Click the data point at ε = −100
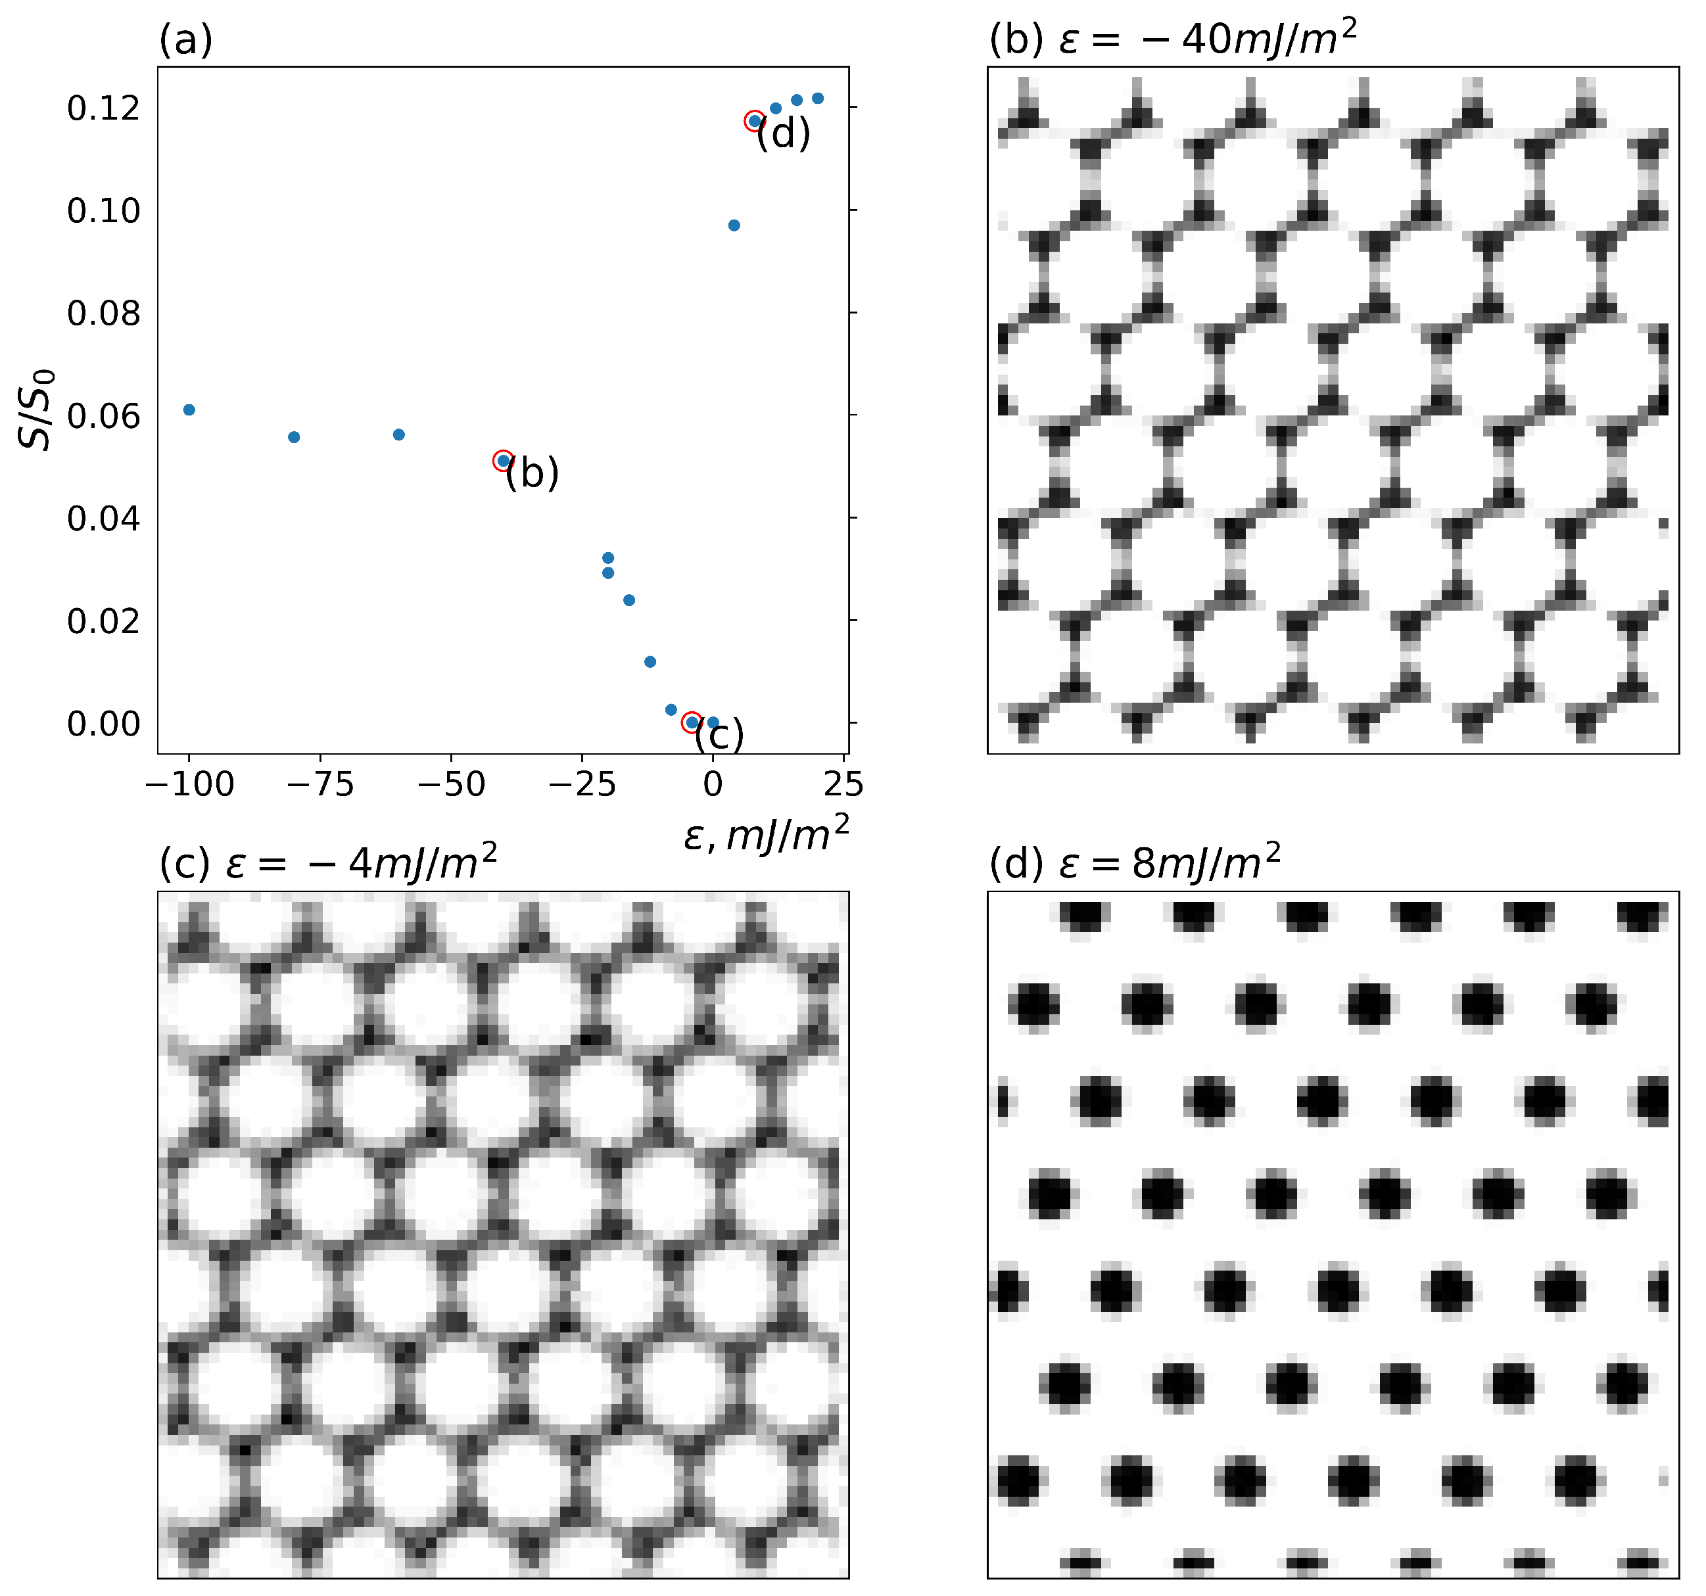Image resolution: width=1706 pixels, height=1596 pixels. click(189, 410)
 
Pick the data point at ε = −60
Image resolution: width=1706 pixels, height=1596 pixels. click(398, 435)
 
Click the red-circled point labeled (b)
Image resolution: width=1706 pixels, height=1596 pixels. click(504, 461)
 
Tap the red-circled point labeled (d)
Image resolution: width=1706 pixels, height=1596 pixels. click(754, 121)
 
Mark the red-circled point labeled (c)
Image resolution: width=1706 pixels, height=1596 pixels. click(692, 722)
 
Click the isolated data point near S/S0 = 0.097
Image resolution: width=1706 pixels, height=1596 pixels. click(734, 225)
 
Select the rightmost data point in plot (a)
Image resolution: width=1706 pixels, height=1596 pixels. click(818, 99)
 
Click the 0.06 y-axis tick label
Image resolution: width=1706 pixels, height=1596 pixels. click(103, 416)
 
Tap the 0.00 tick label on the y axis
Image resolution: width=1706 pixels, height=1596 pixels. click(103, 724)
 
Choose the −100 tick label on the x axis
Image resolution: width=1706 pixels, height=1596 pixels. click(189, 784)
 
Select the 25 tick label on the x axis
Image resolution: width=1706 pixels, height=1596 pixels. click(843, 784)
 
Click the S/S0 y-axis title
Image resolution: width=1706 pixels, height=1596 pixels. click(36, 410)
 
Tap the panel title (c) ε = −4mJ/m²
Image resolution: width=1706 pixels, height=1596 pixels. click(328, 862)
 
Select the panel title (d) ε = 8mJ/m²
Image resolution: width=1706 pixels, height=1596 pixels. click(1135, 862)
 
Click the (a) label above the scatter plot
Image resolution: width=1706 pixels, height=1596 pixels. click(185, 39)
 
